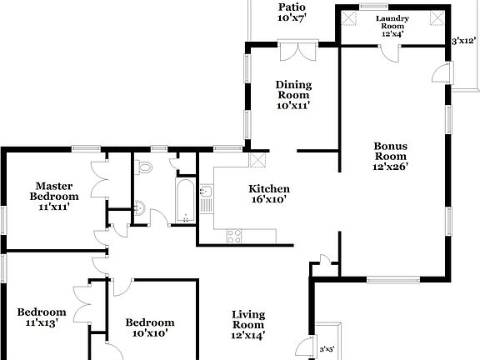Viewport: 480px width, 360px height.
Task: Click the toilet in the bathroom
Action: pos(145,167)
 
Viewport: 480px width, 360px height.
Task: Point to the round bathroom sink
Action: pos(141,207)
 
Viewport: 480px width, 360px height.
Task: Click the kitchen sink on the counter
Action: pos(206,196)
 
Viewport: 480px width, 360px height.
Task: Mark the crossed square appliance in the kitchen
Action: pos(258,162)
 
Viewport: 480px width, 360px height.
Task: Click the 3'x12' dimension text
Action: pos(463,40)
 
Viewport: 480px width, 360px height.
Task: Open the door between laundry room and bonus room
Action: pos(390,52)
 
